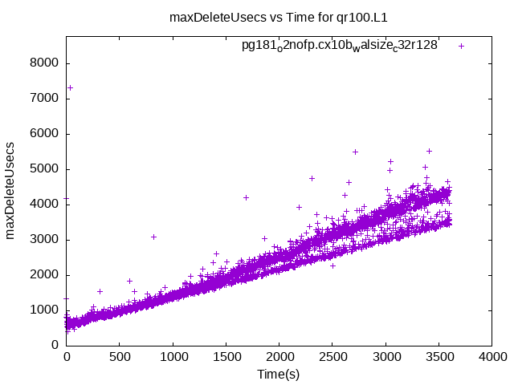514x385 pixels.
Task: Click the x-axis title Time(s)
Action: (279, 375)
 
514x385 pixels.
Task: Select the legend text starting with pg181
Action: (340, 46)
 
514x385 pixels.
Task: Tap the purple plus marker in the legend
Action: (462, 46)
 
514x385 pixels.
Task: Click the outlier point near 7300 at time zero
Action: (70, 87)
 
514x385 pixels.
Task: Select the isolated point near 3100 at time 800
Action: (153, 237)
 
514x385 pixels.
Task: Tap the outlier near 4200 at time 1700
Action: (247, 197)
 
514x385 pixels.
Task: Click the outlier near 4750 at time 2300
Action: (312, 178)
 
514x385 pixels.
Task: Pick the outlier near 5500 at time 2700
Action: (355, 152)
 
